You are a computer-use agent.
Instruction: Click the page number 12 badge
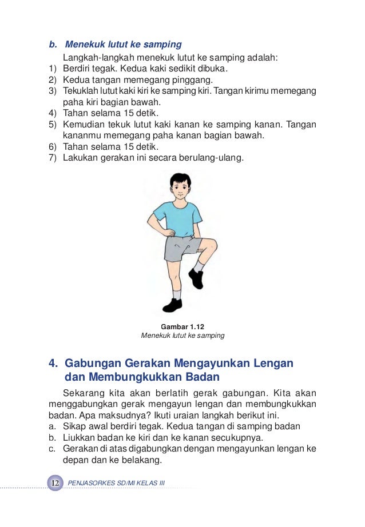pyautogui.click(x=55, y=483)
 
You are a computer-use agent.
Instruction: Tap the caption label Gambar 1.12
pyautogui.click(x=182, y=326)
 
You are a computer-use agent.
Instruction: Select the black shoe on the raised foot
pyautogui.click(x=196, y=278)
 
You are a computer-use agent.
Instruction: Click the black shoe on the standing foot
pyautogui.click(x=172, y=305)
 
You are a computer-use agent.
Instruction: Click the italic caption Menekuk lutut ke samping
pyautogui.click(x=182, y=336)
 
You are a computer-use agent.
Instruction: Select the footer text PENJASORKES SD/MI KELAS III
pyautogui.click(x=116, y=484)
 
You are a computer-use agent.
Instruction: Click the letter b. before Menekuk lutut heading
pyautogui.click(x=53, y=44)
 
